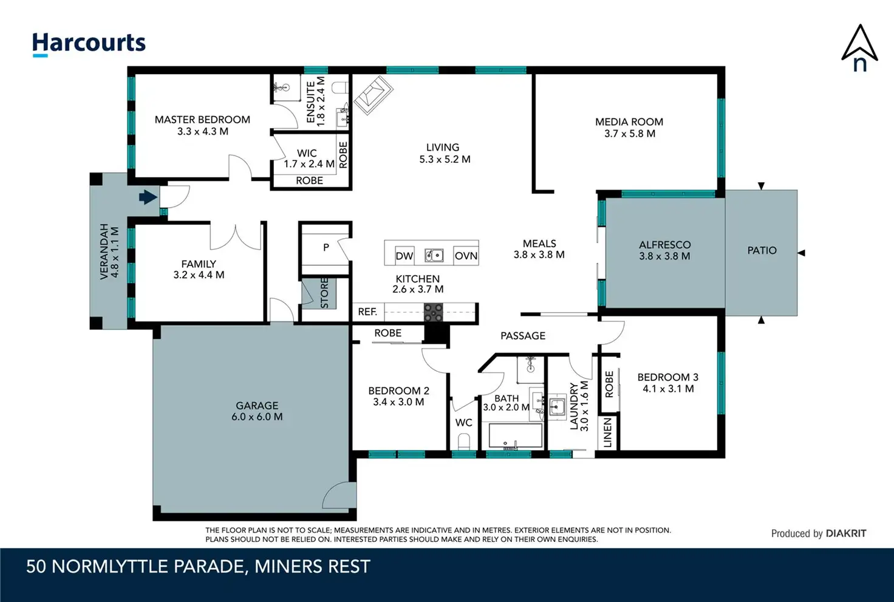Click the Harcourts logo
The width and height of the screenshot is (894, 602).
tap(89, 44)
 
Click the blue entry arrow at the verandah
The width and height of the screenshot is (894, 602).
tap(148, 197)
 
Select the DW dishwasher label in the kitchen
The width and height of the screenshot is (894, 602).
tap(404, 256)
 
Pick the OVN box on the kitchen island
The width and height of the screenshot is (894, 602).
tap(466, 256)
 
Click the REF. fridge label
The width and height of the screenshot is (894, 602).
tap(367, 312)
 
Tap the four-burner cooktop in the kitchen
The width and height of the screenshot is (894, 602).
tap(434, 312)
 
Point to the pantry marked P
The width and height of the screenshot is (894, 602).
tap(326, 247)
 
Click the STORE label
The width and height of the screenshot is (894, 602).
tap(324, 293)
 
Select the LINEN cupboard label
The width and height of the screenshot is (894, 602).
tap(607, 433)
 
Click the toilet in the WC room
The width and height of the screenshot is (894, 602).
tap(463, 442)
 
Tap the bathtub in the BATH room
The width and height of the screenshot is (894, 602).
tap(515, 436)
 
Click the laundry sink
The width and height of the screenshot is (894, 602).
tap(557, 407)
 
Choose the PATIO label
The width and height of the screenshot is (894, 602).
tap(762, 251)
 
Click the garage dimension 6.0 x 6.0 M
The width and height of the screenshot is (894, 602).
tap(257, 417)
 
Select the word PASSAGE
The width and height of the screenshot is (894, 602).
tap(523, 336)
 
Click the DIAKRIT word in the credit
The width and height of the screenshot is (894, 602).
tap(846, 534)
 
